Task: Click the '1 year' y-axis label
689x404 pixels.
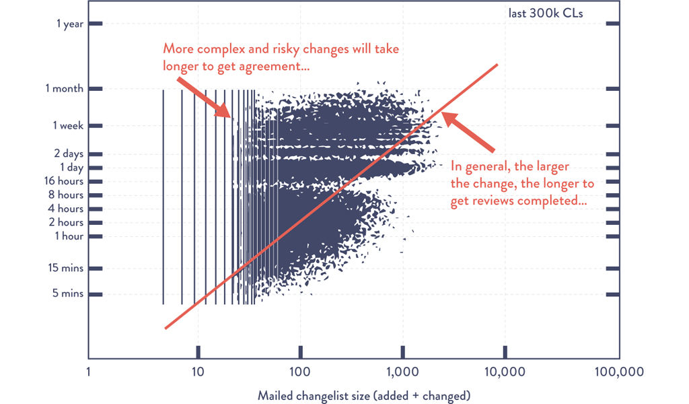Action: (x=70, y=24)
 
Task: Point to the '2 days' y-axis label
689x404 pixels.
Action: (x=69, y=154)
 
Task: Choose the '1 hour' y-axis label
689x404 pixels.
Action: (x=69, y=236)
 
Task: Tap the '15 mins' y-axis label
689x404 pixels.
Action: (x=67, y=268)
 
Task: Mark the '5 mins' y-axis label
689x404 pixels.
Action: (x=69, y=294)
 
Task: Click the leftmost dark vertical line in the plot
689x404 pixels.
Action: (x=164, y=195)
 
